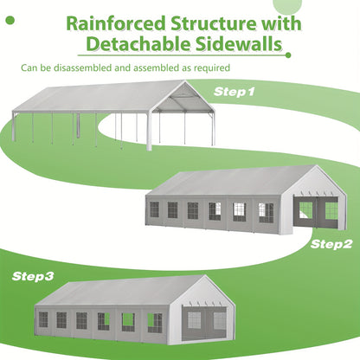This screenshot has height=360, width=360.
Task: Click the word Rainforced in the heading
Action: click(x=116, y=23)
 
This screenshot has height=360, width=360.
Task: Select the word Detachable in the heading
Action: click(x=138, y=44)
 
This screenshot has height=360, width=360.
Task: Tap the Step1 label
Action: click(x=235, y=92)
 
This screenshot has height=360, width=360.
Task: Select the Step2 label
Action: click(x=331, y=244)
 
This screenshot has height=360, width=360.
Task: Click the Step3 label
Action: click(x=33, y=276)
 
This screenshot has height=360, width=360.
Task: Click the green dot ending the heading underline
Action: click(x=288, y=55)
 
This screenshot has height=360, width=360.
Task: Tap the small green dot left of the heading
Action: click(x=10, y=20)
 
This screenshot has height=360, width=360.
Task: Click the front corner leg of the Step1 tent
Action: click(x=149, y=132)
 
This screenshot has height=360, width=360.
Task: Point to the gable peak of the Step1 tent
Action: click(x=184, y=81)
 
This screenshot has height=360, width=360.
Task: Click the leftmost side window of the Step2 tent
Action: click(x=154, y=209)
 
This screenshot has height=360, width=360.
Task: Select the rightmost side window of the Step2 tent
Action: click(x=266, y=213)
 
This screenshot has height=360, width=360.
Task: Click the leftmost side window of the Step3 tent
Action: click(x=43, y=319)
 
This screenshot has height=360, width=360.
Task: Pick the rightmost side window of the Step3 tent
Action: click(x=155, y=323)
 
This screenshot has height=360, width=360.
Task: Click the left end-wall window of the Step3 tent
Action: click(x=194, y=320)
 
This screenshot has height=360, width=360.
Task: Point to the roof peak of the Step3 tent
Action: click(x=205, y=276)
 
